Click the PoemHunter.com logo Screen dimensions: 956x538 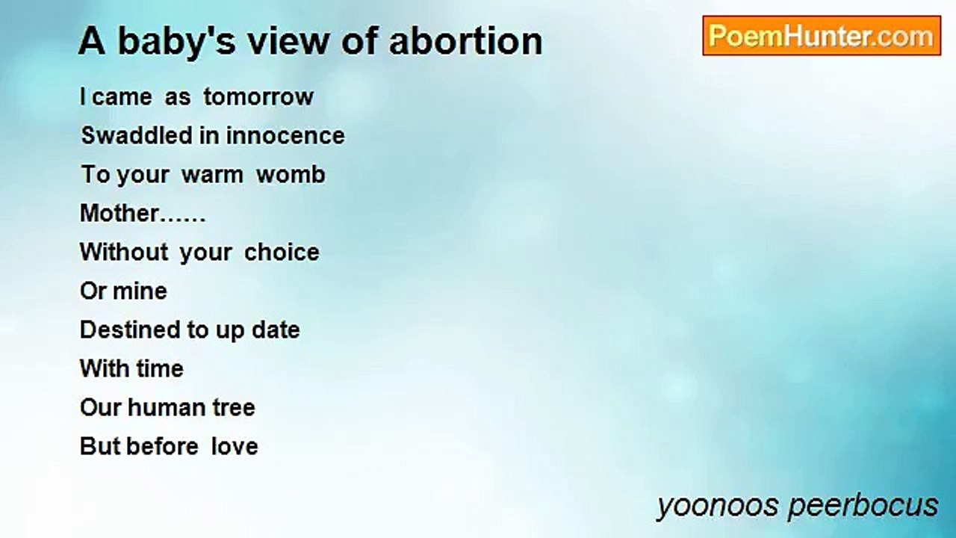click(822, 36)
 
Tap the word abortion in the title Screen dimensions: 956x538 click(465, 41)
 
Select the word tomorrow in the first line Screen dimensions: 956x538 click(258, 96)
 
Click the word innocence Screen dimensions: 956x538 click(285, 136)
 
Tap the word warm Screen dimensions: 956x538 click(213, 176)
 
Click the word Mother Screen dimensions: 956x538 click(119, 213)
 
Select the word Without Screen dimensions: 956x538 click(124, 252)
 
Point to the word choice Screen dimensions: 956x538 click(282, 252)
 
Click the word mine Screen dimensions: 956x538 click(140, 291)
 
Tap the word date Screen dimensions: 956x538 click(276, 330)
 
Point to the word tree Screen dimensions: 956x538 click(234, 408)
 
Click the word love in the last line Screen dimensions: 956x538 click(235, 447)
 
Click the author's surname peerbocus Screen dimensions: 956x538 click(863, 506)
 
